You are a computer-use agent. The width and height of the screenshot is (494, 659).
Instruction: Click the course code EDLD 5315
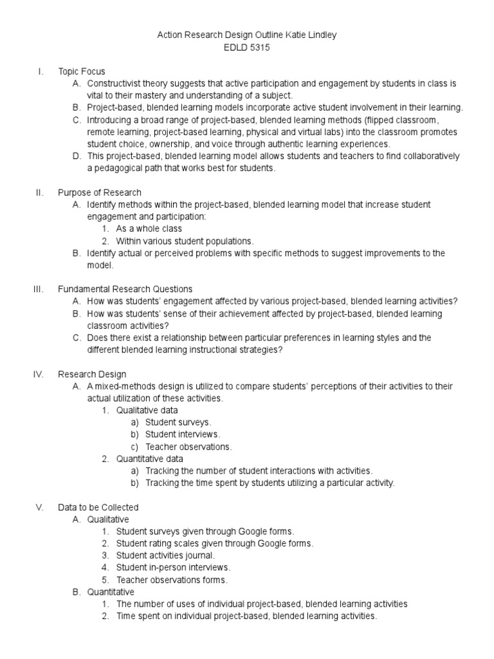pos(246,47)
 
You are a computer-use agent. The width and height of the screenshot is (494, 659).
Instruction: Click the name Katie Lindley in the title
pos(312,35)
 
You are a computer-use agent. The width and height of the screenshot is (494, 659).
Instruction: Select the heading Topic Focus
pos(81,71)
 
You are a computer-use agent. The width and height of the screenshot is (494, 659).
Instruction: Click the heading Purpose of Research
pos(100,192)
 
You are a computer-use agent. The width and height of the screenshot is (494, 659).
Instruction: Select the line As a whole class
pos(149,228)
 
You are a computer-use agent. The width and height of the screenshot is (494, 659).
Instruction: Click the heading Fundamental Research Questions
pos(125,289)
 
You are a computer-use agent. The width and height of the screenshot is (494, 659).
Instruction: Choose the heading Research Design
pos(92,374)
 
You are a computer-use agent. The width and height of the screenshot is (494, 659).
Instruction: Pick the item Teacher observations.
pos(188,447)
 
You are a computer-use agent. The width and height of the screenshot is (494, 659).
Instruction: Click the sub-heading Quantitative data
pos(150,459)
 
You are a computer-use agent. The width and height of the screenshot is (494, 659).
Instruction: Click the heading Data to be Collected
pos(98,507)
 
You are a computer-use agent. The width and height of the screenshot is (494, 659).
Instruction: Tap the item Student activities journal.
pos(165,555)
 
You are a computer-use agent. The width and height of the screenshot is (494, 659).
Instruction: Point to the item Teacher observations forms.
pos(172,580)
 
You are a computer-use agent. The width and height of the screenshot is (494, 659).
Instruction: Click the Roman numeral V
pos(39,507)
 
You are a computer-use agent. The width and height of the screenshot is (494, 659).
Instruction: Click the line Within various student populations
pos(185,241)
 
